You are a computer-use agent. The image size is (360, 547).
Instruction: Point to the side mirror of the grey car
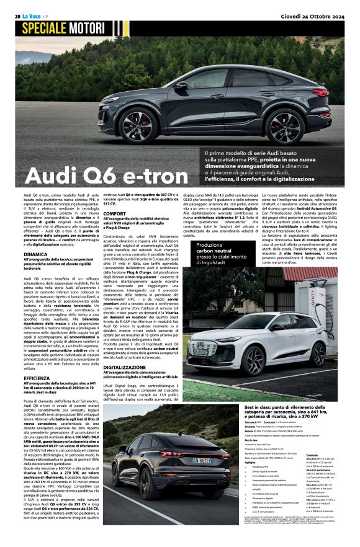[x=181, y=86]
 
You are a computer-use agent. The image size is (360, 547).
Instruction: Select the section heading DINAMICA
[x=35, y=254]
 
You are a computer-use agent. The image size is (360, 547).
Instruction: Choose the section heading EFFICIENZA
[x=37, y=360]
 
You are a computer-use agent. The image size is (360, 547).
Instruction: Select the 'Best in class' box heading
[x=289, y=410]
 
